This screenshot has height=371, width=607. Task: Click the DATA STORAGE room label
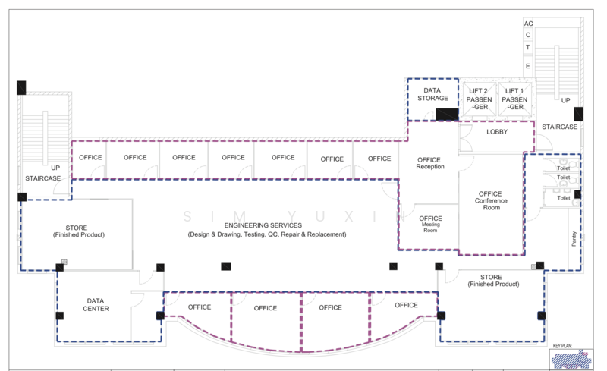point(432,94)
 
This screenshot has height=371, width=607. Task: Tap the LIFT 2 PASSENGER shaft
point(480,99)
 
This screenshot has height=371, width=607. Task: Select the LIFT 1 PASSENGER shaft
point(514,99)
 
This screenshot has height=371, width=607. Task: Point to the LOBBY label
point(497,132)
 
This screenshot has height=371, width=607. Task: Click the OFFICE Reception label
point(429,163)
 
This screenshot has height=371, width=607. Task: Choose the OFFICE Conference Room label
point(491,200)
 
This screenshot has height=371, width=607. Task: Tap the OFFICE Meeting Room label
point(430,224)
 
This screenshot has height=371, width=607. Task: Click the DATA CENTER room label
point(96,305)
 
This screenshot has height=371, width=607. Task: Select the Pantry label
point(574,238)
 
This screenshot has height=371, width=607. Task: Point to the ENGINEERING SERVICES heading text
point(263,225)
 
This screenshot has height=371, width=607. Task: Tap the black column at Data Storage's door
point(447,115)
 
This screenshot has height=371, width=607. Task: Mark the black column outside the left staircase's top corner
point(21,87)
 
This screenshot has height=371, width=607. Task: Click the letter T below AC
point(527,47)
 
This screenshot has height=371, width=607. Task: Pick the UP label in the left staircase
point(55,168)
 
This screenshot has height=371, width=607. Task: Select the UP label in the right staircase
point(565,100)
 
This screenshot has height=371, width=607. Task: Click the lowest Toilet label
point(564,198)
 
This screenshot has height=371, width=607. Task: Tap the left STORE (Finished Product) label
point(79,231)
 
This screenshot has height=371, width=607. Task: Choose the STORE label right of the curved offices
point(493,281)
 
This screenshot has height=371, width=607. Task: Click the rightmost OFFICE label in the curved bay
point(406,305)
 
